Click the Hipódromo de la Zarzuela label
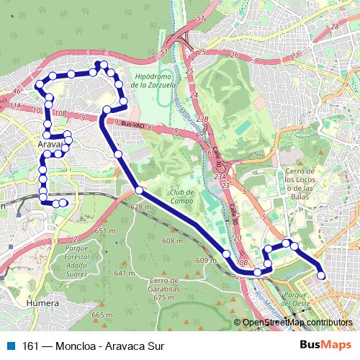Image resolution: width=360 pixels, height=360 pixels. pos(155,80)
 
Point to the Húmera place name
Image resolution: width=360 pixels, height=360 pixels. pos(42,304)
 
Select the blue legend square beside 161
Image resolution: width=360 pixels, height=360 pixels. pos(10,345)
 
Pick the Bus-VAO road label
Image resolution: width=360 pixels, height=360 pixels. pos(135,125)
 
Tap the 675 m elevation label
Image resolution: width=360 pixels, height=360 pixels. pos(165,297)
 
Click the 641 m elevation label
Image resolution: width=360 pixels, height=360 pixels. pos(125,274)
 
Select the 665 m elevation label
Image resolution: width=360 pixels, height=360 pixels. pos(103,315)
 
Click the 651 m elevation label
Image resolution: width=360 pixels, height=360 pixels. pos(104,231)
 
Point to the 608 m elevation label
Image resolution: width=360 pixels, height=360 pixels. pos(173,241)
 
